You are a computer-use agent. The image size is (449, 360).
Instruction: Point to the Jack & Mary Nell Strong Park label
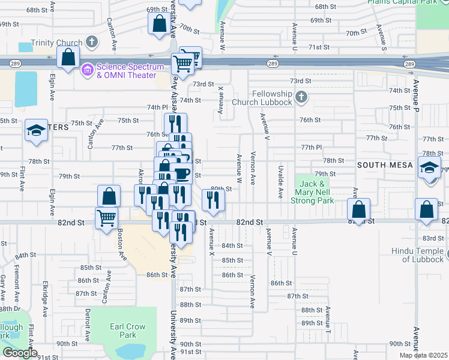(313, 192)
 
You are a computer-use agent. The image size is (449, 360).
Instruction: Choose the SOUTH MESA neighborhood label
(385, 164)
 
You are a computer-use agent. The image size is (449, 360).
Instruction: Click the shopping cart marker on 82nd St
(107, 217)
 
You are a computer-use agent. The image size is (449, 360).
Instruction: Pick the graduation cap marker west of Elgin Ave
(36, 130)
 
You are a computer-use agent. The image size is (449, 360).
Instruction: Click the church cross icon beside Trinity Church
(91, 42)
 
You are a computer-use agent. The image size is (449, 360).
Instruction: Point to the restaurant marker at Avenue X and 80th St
(213, 200)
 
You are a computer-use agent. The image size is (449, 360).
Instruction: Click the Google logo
(20, 353)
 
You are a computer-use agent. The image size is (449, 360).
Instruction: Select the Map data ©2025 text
(424, 355)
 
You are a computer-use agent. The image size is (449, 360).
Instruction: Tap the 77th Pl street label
(312, 147)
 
